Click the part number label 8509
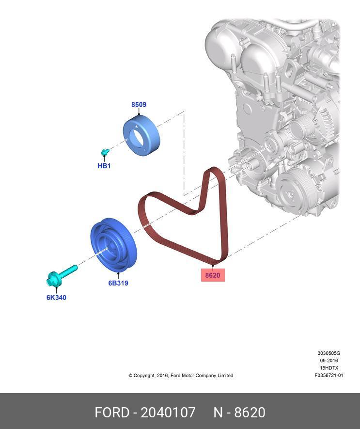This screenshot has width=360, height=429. coord(139,105)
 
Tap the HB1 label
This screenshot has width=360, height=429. coord(104,166)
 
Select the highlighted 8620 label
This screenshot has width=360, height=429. coord(213,275)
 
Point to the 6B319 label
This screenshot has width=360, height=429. coord(118,283)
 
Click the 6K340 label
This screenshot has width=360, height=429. coord(56,298)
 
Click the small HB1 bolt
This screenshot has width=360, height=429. coord(105,153)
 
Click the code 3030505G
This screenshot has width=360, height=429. coord(329,353)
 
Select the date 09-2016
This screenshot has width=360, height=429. coord(329,361)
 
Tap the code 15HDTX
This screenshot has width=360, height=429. coord(329,368)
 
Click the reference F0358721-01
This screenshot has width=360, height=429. coord(329,375)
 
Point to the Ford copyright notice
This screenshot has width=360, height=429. coord(181,375)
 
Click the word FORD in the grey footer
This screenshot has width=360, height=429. coord(112,413)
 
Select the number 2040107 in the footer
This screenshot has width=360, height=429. coord(168,413)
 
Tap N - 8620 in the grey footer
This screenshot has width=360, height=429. coord(239,413)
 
